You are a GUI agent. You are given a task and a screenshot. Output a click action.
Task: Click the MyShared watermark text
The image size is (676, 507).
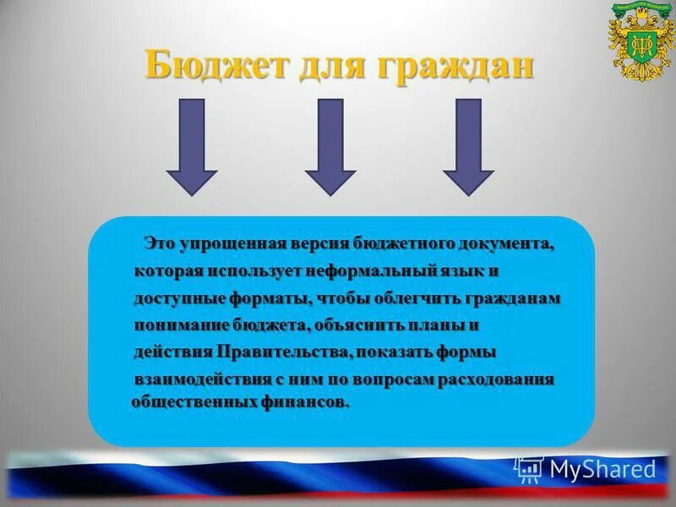click(x=602, y=469)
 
